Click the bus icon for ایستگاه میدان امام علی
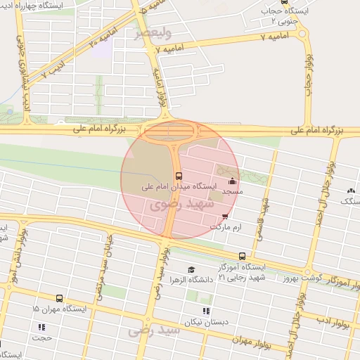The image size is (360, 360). [x=178, y=176]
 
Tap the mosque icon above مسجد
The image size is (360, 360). [x=232, y=181]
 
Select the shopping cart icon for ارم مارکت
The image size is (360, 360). [x=225, y=217]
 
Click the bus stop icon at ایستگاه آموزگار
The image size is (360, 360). [x=243, y=257]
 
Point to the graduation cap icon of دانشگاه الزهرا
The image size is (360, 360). [x=191, y=270]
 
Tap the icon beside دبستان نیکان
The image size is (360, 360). [x=206, y=311]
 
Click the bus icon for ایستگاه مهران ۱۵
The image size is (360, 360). [x=58, y=298]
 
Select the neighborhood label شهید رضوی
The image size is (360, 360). [x=176, y=205]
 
